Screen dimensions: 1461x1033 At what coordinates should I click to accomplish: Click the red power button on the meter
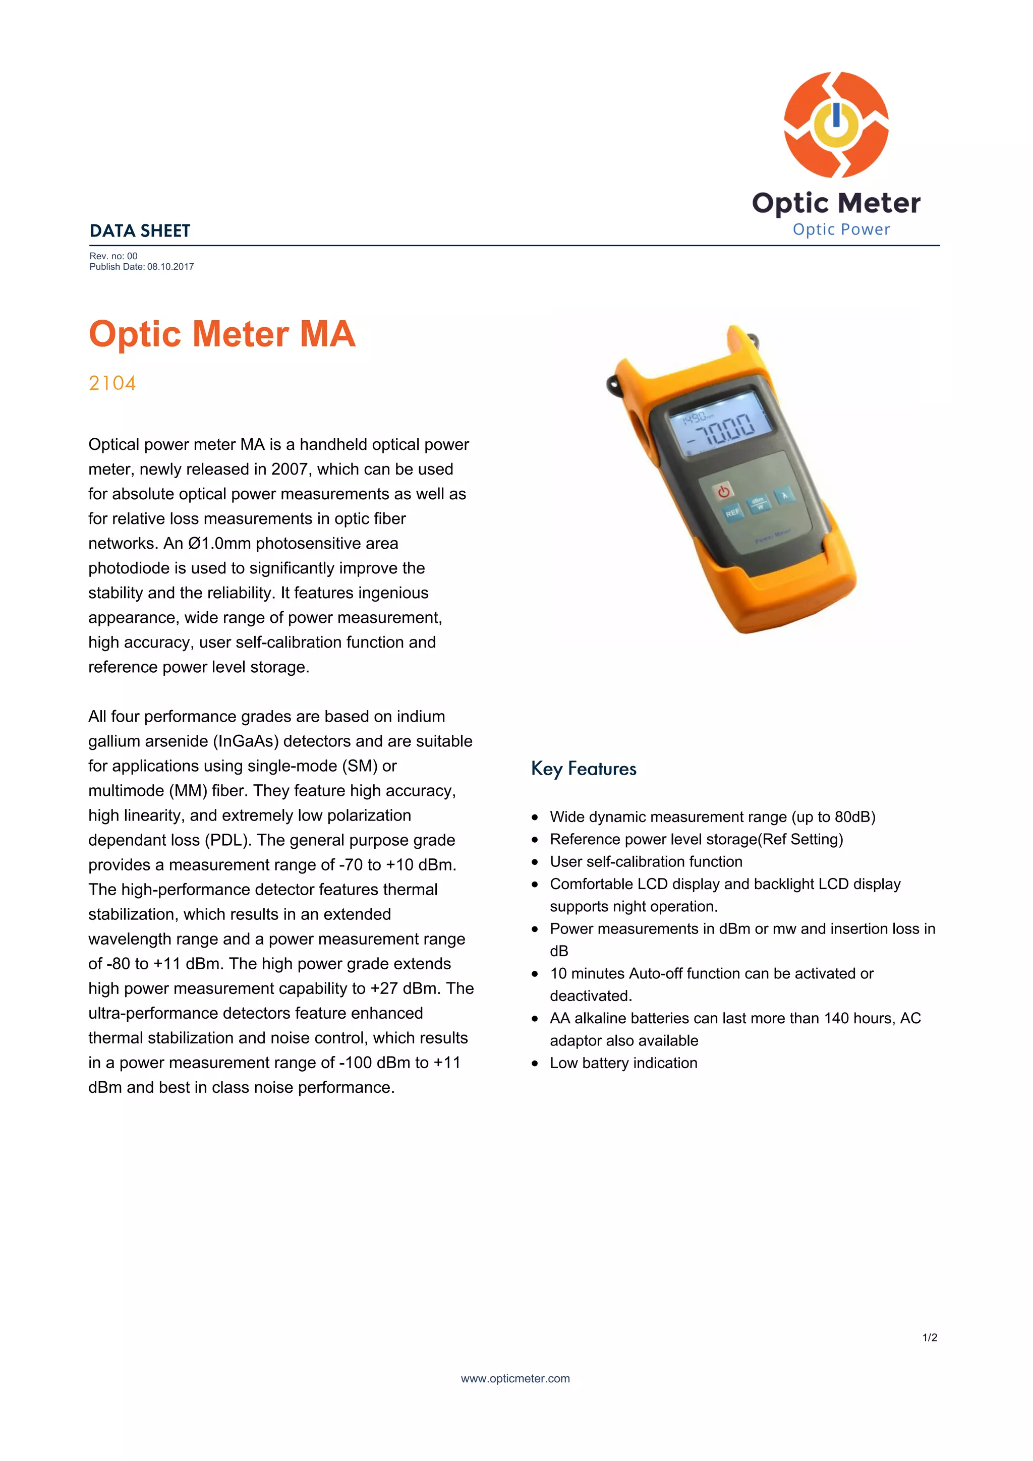724,491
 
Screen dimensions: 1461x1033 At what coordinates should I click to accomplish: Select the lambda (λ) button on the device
784,496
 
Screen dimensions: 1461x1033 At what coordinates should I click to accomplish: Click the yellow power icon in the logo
836,124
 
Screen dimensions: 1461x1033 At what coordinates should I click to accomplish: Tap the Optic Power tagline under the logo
841,229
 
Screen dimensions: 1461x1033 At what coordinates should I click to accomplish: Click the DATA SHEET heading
140,231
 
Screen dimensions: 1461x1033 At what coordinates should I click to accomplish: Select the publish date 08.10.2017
170,267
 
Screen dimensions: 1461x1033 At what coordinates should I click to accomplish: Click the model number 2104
112,383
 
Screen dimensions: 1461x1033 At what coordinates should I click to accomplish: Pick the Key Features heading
583,769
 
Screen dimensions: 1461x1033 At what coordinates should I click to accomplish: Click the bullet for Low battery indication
535,1063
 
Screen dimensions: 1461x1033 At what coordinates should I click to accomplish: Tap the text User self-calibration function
646,861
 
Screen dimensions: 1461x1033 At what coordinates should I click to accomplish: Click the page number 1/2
929,1337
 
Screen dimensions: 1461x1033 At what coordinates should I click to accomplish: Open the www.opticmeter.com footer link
515,1378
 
